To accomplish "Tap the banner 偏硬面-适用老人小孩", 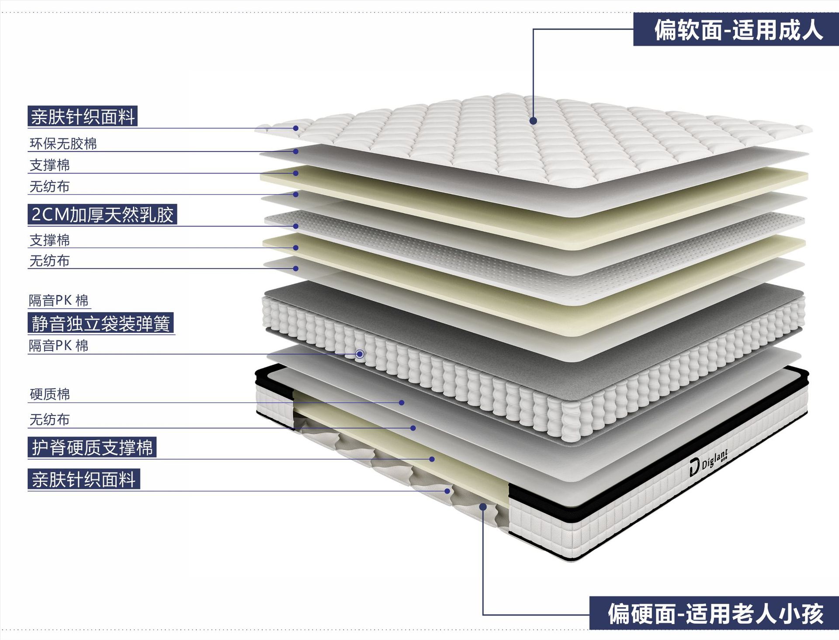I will click(715, 613).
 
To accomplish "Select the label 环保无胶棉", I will click(63, 144).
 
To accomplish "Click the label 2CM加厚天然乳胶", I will click(102, 215).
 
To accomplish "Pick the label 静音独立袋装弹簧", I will click(101, 323).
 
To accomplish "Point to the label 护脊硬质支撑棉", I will click(92, 448).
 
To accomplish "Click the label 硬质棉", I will click(49, 394).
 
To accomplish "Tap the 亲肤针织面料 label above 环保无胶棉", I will click(83, 117).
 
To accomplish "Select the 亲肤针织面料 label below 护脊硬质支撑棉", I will click(83, 480).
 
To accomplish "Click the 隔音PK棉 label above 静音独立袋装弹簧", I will click(59, 301).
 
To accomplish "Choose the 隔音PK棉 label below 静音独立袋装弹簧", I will click(59, 346).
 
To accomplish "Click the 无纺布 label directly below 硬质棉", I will click(49, 420).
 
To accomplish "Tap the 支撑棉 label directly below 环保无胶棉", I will click(49, 165).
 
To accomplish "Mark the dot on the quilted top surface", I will click(533, 121).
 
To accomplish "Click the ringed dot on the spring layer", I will click(360, 354).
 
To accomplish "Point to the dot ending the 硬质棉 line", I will click(402, 403).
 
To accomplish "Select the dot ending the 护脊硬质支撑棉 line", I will click(432, 459).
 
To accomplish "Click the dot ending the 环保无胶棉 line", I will click(296, 151).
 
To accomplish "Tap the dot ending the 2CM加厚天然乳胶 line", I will click(296, 226).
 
